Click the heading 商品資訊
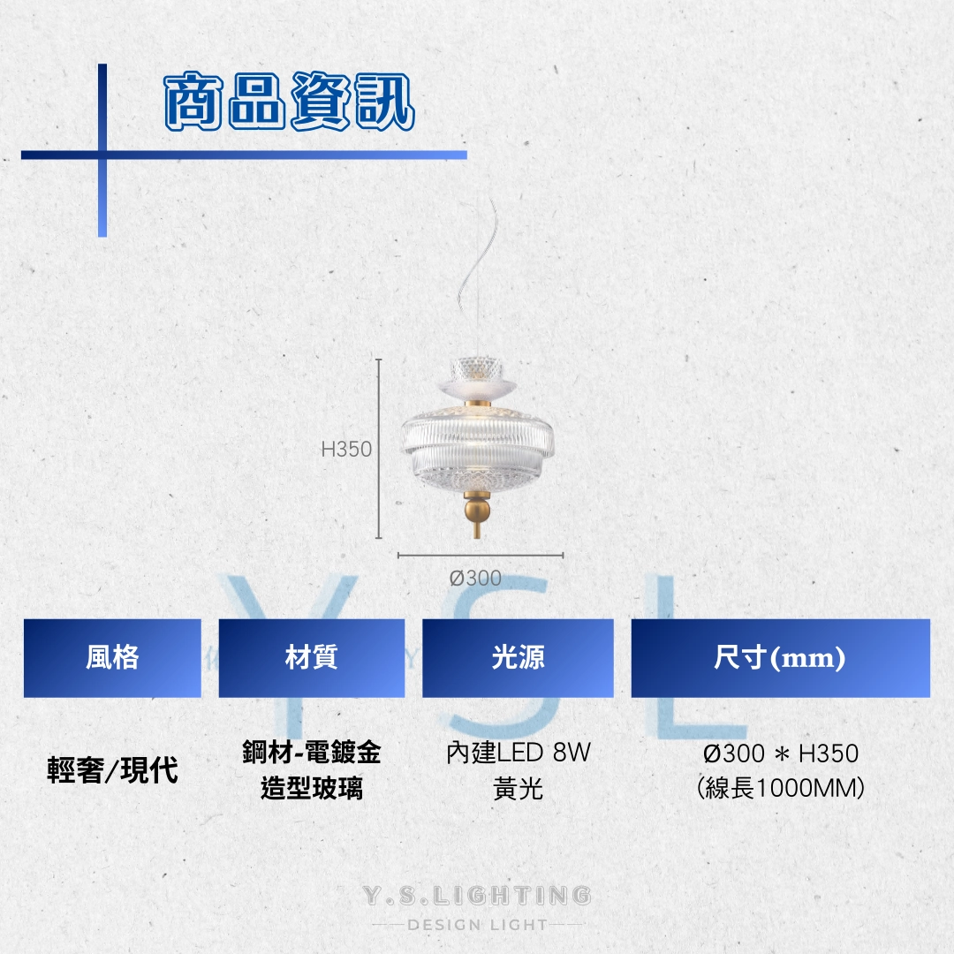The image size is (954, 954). pos(290,102)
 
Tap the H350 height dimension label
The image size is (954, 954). pos(346,449)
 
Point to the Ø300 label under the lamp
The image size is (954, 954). pos(475,578)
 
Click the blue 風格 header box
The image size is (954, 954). pos(112,658)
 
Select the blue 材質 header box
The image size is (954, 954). pos(312,658)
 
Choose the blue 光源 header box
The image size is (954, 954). pos(518,658)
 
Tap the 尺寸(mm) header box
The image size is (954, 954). pos(781,658)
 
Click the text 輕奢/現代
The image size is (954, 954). pos(112,770)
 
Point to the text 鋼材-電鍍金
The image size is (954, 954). pos(312,752)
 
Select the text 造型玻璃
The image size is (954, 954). pos(312,789)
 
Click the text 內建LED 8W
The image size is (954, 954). pos(519,753)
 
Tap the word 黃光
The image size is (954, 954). pos(518,789)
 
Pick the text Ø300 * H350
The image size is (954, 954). pos(781,753)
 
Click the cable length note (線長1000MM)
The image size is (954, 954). pos(781,788)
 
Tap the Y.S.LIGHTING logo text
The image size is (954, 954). pos(477,895)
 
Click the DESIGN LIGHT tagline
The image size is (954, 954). pos(478,925)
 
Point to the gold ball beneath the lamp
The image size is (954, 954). pos(476,509)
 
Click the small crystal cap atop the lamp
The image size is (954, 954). pos(477,368)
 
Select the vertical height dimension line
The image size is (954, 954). pos(378,449)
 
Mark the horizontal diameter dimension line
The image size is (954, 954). pos(481,555)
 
